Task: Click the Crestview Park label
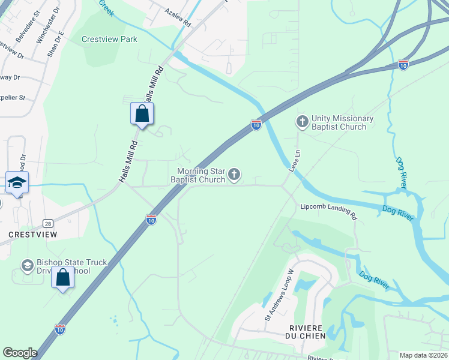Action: [109, 40]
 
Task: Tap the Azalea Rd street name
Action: [178, 17]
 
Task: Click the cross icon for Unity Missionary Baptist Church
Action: [303, 122]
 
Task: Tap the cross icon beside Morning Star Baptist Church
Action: [234, 175]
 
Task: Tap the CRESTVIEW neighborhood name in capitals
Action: [28, 233]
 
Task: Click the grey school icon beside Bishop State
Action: [27, 265]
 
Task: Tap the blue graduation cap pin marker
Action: [17, 183]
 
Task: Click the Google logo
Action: [20, 353]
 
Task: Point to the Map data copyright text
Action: [423, 355]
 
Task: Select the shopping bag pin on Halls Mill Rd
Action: [142, 113]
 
